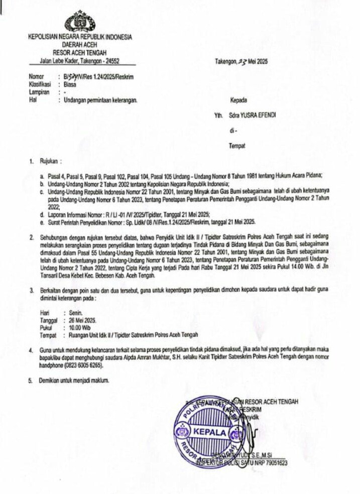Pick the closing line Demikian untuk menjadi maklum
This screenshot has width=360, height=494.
[74, 380]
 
